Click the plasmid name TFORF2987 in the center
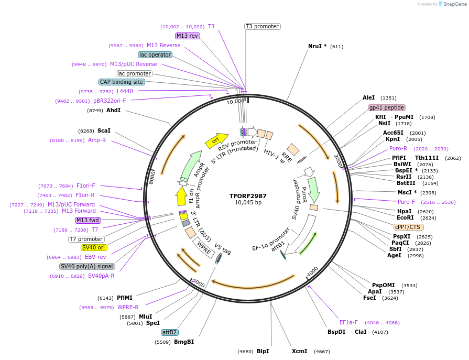(248, 196)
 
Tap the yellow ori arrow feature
(216, 140)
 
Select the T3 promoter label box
(262, 26)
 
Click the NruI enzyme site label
(317, 46)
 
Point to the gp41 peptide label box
(386, 107)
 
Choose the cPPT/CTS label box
(409, 227)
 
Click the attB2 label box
(169, 332)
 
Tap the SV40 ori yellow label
(93, 247)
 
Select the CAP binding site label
(121, 82)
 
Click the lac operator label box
(155, 54)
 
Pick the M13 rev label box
(187, 36)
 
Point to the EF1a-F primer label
(348, 322)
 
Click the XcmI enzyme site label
(299, 351)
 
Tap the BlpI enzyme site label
(263, 351)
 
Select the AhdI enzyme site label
(113, 110)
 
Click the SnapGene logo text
(454, 4)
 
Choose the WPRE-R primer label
(128, 307)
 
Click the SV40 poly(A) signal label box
(87, 266)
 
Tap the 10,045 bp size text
(248, 203)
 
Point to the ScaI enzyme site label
(104, 130)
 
